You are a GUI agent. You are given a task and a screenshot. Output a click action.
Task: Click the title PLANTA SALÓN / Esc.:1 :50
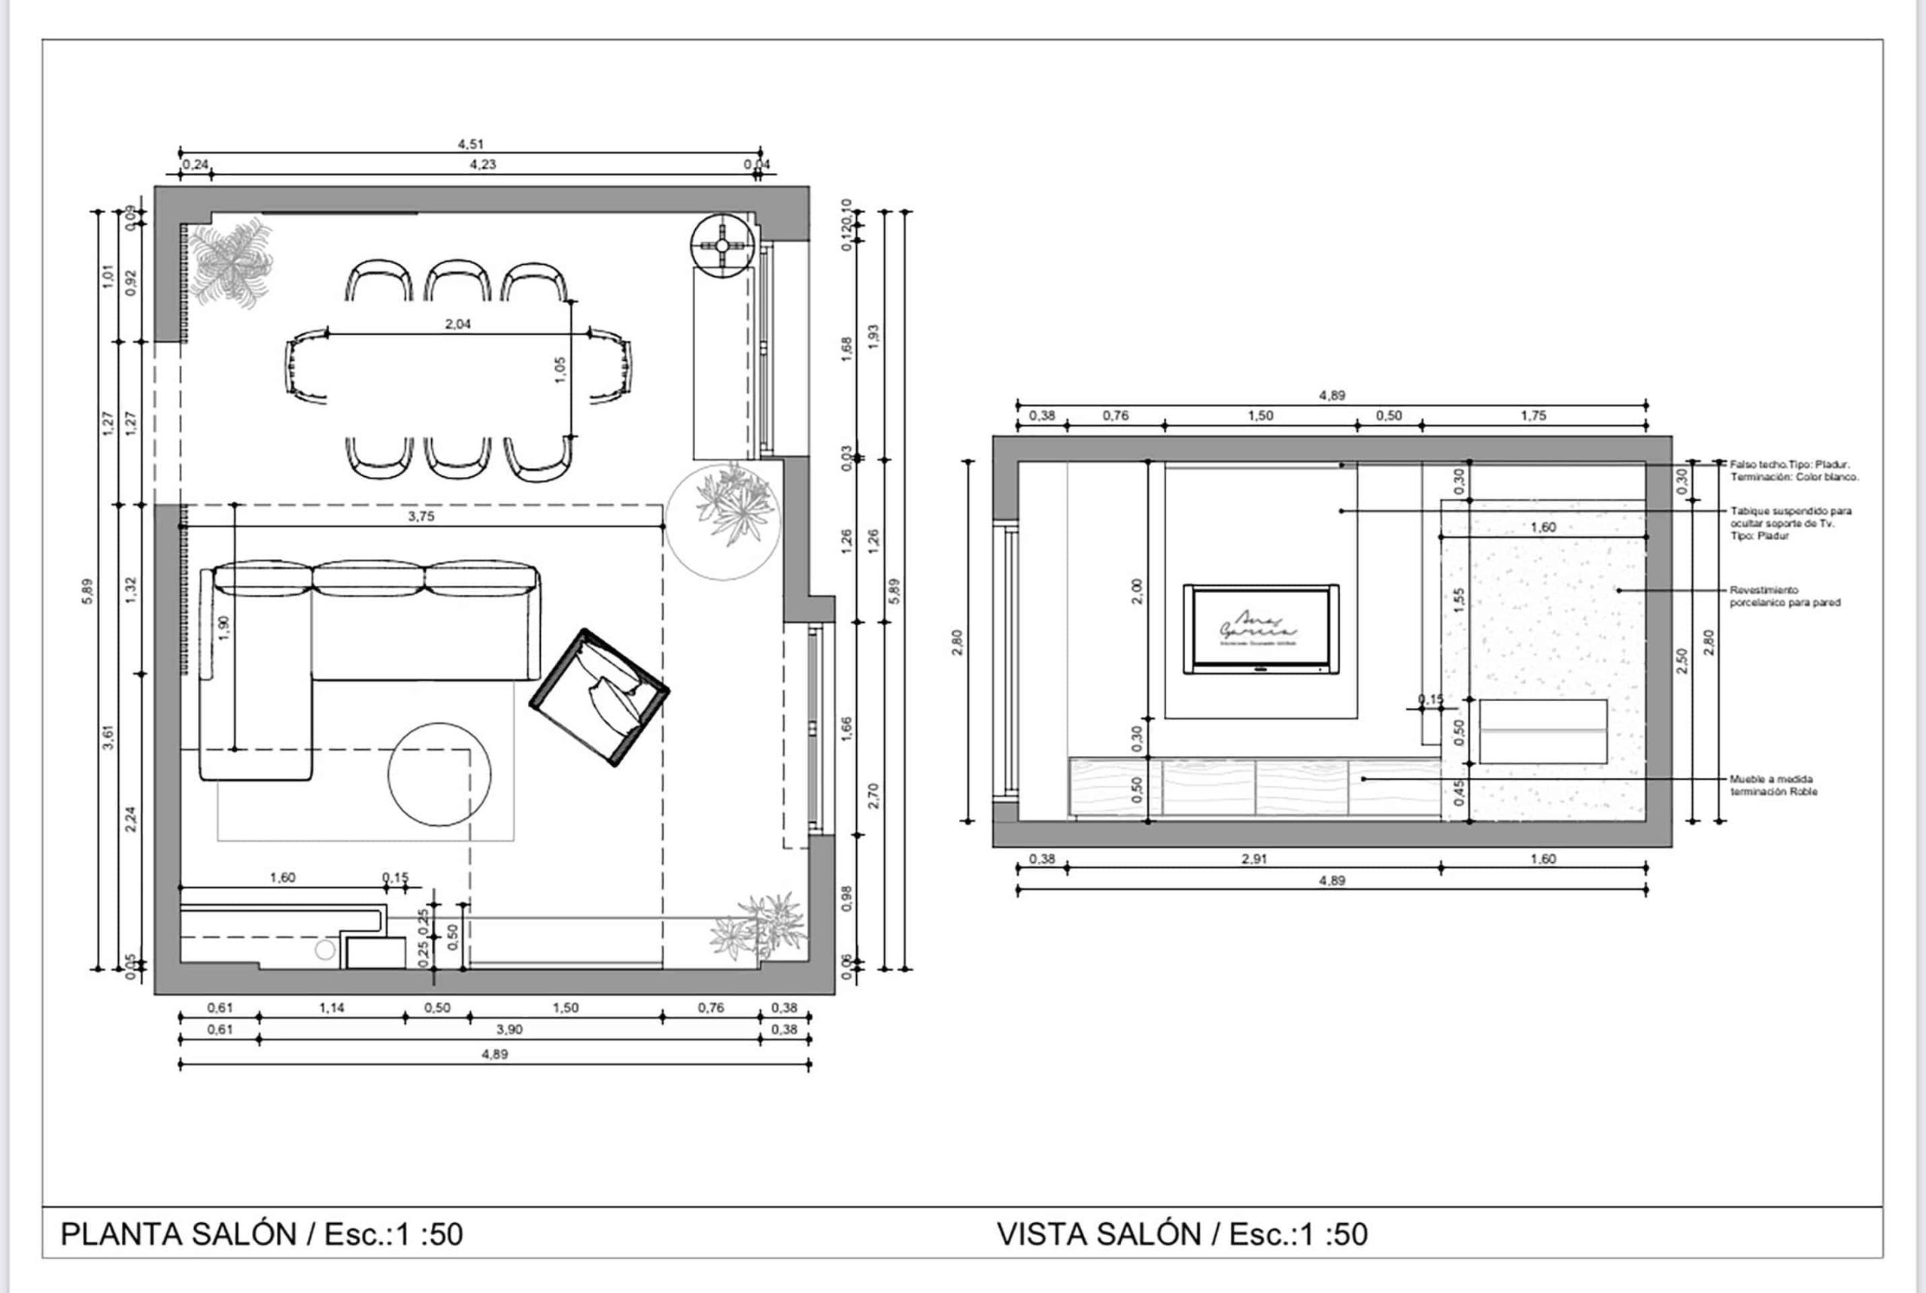point(262,1234)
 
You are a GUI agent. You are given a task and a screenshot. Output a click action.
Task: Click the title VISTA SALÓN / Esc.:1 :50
point(1181,1234)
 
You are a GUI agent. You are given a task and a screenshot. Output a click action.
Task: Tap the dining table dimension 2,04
point(457,324)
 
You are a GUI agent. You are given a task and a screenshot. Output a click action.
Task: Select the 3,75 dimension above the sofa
point(421,516)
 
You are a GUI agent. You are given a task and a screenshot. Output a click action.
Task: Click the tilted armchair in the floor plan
point(600,697)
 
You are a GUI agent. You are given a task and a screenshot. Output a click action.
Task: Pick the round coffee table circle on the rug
point(439,774)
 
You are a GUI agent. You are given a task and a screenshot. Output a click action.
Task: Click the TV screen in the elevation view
point(1260,628)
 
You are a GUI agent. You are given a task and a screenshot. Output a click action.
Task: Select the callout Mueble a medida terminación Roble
point(1773,785)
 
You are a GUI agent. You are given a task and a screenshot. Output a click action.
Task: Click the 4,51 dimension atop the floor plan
point(470,144)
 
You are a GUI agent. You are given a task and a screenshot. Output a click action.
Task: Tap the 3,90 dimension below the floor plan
point(509,1029)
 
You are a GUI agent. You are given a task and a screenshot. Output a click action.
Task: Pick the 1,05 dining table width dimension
point(560,369)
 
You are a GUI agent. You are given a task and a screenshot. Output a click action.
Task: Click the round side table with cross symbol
point(721,246)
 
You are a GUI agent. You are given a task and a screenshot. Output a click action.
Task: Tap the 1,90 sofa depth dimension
point(225,627)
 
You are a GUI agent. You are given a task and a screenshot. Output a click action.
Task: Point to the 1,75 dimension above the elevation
point(1533,416)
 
